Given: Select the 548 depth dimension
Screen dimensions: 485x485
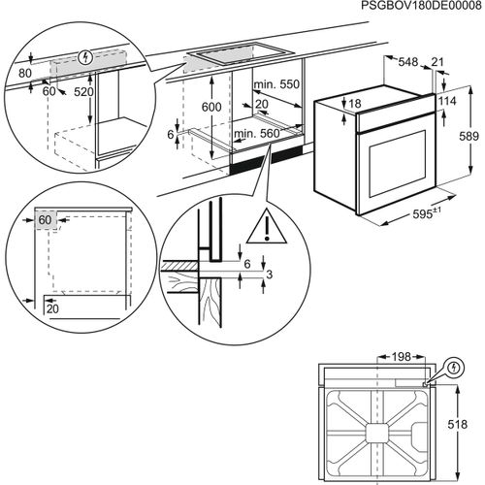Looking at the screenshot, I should pos(406,62).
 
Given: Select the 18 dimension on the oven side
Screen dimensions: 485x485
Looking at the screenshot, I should pos(355,103).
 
